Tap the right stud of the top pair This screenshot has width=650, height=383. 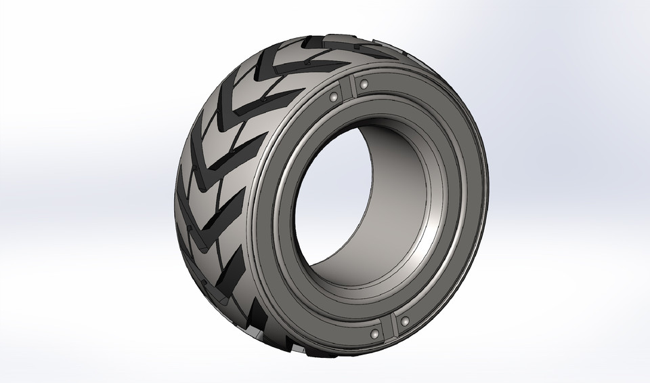coord(364,85)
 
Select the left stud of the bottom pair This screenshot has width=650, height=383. coord(374,334)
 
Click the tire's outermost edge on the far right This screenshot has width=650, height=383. coord(486,203)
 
